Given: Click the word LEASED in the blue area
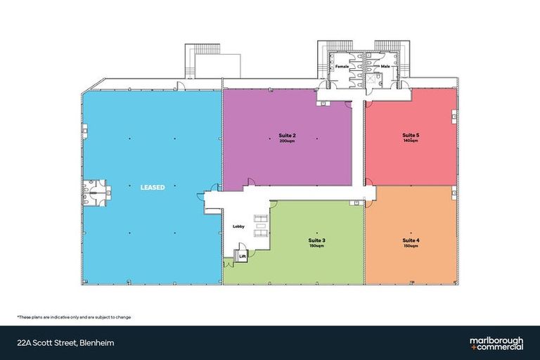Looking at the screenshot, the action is click(x=153, y=188).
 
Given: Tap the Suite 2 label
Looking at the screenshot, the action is click(x=287, y=136).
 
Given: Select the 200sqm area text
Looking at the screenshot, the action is click(x=287, y=141).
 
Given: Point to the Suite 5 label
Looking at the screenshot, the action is click(x=411, y=135).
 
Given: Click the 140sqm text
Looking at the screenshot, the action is click(x=411, y=141).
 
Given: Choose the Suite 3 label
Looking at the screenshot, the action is click(x=317, y=240).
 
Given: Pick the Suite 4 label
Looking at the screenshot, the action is click(x=411, y=240).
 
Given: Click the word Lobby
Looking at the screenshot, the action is click(x=238, y=226).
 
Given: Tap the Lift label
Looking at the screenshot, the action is click(x=243, y=257).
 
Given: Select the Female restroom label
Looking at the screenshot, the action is click(x=342, y=66).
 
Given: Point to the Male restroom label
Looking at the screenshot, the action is click(x=385, y=66).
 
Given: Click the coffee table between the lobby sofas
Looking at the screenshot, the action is click(x=261, y=226).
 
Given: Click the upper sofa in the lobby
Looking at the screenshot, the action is click(x=261, y=218).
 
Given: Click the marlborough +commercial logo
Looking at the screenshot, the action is click(x=496, y=343).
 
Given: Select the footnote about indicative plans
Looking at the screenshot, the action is click(x=74, y=317).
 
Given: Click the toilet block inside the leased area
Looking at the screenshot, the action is click(x=95, y=193).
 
